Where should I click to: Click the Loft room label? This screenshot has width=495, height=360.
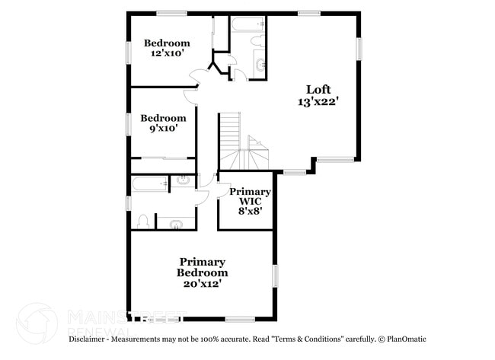(318, 88)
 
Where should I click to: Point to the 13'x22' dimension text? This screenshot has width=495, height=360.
(318, 100)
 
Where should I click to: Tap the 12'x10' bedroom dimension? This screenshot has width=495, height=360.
(167, 54)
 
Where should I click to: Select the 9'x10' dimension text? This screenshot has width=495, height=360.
(163, 129)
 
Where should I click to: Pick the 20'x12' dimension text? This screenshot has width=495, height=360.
(202, 283)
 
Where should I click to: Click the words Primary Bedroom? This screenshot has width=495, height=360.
(202, 266)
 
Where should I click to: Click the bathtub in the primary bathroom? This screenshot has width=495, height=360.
(148, 183)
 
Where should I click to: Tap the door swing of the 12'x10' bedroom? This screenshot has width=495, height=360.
(196, 78)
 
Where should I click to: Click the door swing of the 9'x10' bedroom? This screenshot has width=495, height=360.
(190, 96)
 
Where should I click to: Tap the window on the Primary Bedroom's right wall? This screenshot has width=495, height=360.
(275, 276)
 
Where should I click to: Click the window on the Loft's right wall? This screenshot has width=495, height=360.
(359, 49)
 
